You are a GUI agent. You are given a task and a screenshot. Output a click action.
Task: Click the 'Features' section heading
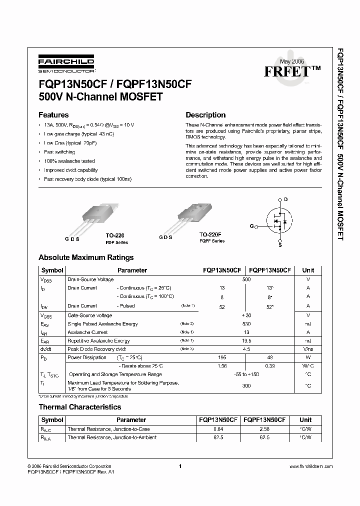tap(53, 114)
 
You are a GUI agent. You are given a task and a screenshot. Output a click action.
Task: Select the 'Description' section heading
tap(205, 114)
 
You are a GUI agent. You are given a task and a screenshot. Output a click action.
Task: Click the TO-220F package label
tap(210, 234)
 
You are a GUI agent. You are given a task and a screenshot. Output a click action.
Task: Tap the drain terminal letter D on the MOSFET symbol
tap(286, 199)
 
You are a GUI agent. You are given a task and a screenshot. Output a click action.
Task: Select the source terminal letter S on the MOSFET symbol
tap(280, 245)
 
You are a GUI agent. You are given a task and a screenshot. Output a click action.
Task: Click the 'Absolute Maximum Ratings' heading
tap(86, 257)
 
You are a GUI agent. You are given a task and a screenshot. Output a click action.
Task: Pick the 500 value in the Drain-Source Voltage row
tap(246, 279)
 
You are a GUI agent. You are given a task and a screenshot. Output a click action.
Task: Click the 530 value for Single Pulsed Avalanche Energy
tap(246, 324)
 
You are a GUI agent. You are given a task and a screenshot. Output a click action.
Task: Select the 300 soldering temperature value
tap(246, 385)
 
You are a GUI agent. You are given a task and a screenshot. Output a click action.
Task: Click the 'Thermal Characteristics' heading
tap(80, 407)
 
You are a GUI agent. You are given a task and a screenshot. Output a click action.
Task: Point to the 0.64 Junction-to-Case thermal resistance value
tap(218, 429)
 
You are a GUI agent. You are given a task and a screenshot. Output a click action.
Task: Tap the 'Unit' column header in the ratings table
tap(308, 270)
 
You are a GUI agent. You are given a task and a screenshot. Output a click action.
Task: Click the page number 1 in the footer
tap(179, 466)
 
